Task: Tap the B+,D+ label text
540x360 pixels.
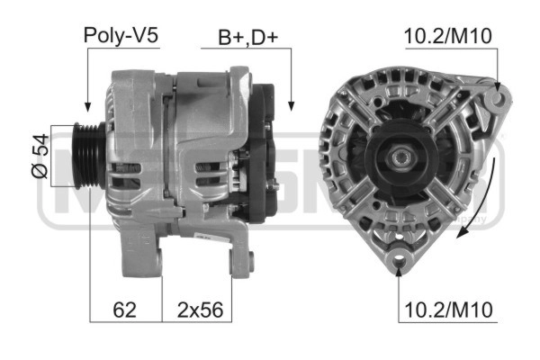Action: pos(248,37)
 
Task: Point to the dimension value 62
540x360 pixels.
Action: pos(125,310)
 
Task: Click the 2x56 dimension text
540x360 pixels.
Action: pos(198,310)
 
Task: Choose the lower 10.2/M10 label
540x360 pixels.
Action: pos(448,310)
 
